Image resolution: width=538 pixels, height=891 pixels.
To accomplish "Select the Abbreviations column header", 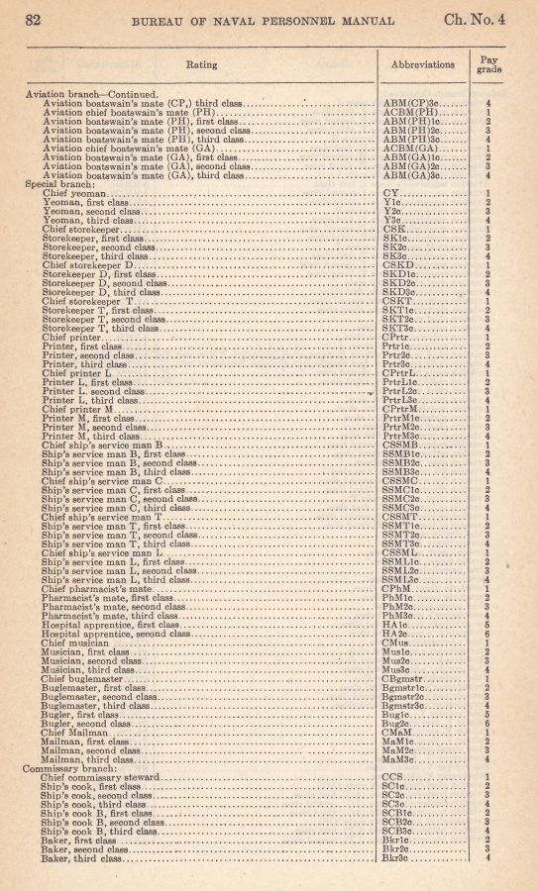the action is pos(425,64).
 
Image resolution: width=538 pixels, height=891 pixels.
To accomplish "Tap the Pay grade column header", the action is pos(489,64).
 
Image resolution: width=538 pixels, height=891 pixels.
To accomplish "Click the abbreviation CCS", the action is pos(392,777).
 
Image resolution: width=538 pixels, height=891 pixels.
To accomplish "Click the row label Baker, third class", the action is pos(86,858).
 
